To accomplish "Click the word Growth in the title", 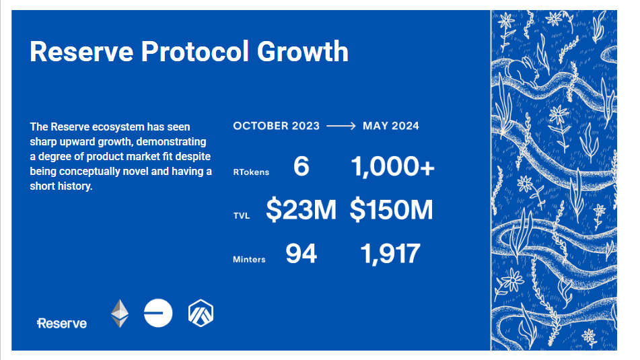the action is click(x=302, y=51).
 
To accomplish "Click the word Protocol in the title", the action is click(x=194, y=51).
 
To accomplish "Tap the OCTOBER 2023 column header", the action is click(x=277, y=126).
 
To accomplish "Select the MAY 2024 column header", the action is click(x=390, y=126).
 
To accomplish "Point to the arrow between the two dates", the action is click(x=341, y=126).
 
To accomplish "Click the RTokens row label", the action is click(x=251, y=172).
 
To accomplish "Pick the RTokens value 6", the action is click(x=301, y=166).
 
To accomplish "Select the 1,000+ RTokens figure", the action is click(x=392, y=166).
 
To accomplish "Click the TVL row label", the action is click(x=242, y=216).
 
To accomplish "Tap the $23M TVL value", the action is click(x=301, y=210).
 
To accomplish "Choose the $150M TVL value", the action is click(x=391, y=210).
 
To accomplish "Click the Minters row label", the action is click(x=249, y=260).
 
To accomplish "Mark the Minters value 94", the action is click(x=301, y=254).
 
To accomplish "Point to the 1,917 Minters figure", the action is click(x=390, y=254).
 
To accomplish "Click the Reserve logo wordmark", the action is click(x=62, y=323).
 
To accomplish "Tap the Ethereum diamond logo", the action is click(x=120, y=314).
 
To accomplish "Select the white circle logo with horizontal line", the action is click(x=158, y=313).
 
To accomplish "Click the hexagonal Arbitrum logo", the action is click(x=201, y=314).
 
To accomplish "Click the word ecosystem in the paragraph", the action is click(x=118, y=127).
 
